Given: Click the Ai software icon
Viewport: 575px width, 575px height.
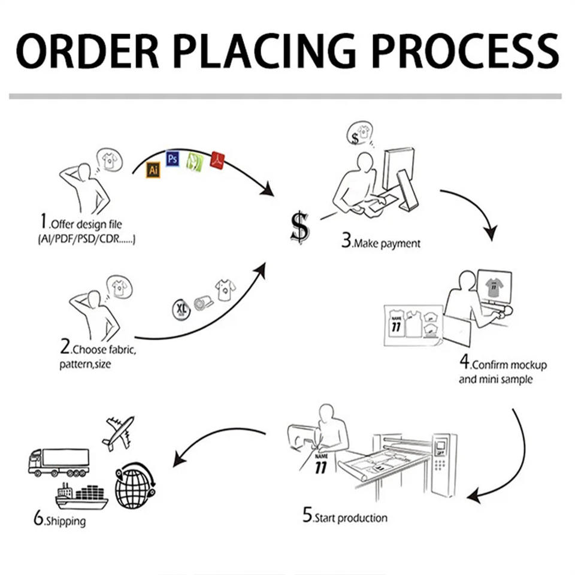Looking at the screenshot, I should (153, 170).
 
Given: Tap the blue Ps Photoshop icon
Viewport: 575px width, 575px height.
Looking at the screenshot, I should (172, 158).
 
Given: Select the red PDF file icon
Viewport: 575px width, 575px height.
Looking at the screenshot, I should (217, 161).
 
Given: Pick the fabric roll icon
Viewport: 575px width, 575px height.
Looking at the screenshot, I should (203, 301).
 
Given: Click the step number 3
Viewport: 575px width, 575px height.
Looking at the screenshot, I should (346, 241).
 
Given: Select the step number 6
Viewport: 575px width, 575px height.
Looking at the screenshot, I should (38, 519).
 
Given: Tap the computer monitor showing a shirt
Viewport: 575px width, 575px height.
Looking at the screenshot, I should (494, 287).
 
